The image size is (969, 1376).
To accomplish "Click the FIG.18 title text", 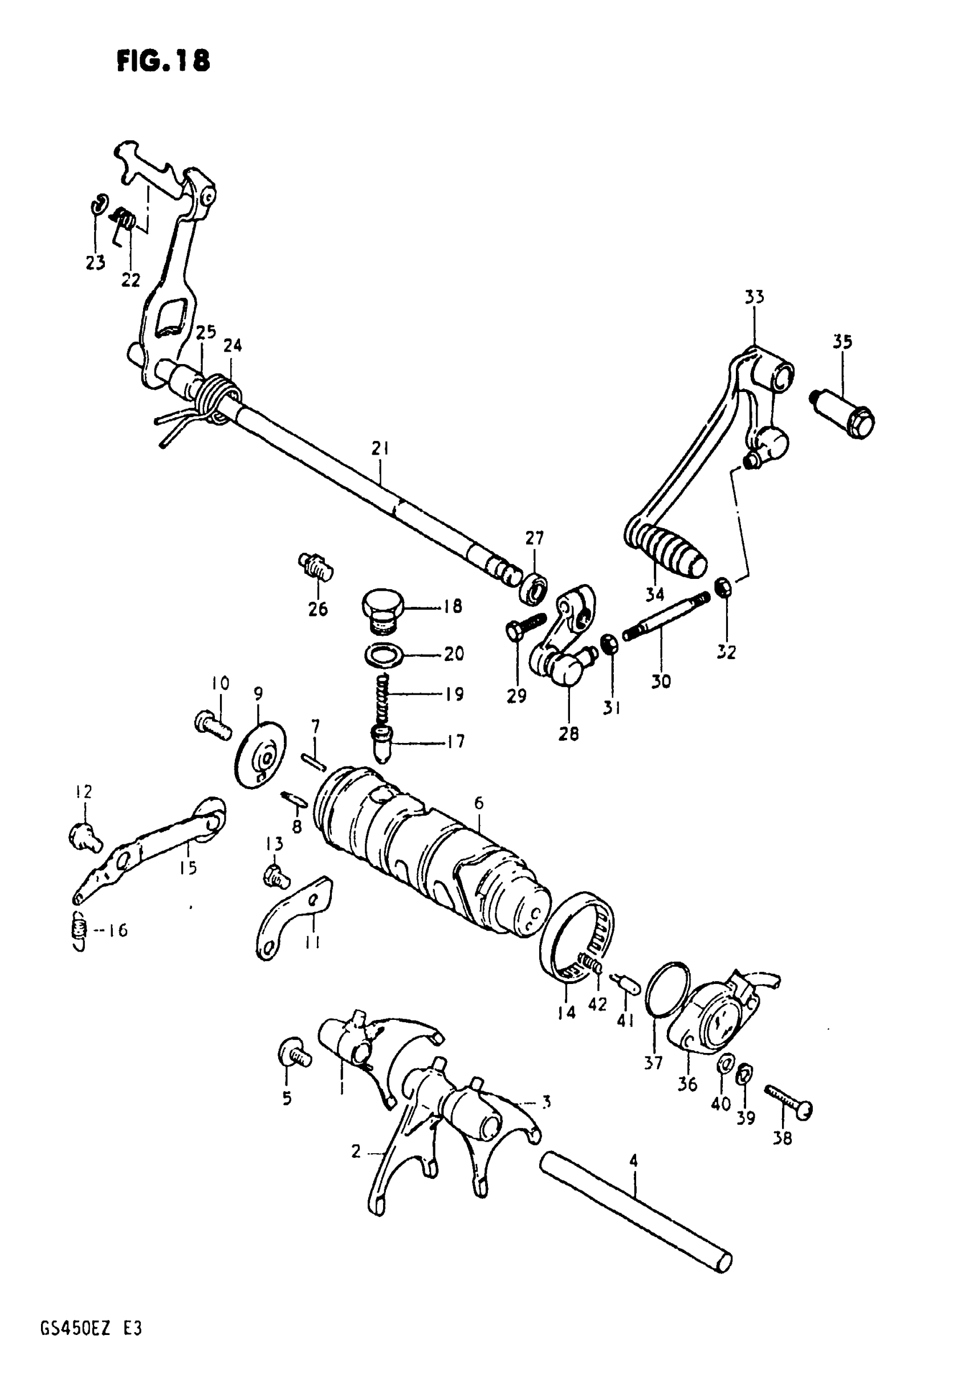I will click(163, 60).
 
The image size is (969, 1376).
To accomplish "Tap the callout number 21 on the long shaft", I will click(380, 448).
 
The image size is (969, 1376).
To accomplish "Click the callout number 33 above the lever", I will click(754, 297).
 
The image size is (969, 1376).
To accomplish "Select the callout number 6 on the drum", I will click(478, 803).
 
